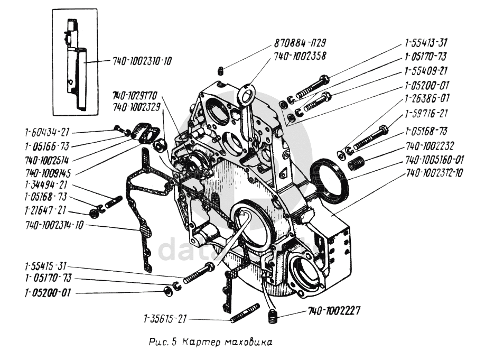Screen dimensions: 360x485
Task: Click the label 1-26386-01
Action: pyautogui.click(x=427, y=98)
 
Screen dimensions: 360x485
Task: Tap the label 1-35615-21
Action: pyautogui.click(x=164, y=319)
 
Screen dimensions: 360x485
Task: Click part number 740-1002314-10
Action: pyautogui.click(x=55, y=225)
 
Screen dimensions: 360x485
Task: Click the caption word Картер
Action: pyautogui.click(x=201, y=343)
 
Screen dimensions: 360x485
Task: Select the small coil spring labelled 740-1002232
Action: pyautogui.click(x=355, y=164)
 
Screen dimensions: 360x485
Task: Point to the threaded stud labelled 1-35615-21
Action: pyautogui.click(x=245, y=312)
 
